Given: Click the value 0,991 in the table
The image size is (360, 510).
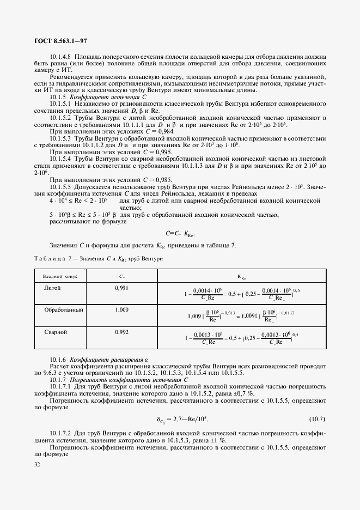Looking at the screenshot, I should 121,287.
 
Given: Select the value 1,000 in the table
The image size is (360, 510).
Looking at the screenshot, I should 121,309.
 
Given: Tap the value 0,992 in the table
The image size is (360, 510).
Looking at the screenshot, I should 121,331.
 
